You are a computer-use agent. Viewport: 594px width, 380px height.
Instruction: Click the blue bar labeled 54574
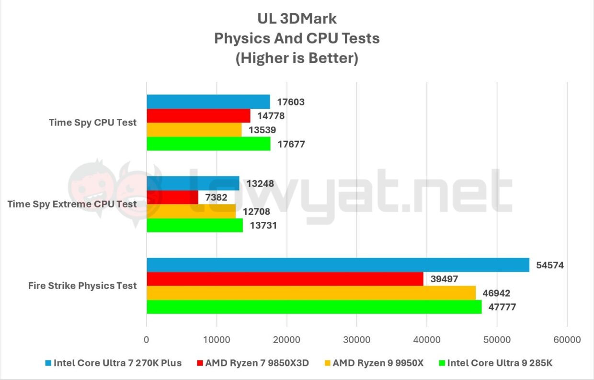[x=338, y=265]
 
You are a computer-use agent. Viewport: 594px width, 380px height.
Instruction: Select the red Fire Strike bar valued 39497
[x=285, y=279]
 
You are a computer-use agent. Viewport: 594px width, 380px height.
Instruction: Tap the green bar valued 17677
[x=208, y=144]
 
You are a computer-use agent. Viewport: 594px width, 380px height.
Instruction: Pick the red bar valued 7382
[x=172, y=197]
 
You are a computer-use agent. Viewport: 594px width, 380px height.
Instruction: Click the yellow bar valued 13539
[x=194, y=130]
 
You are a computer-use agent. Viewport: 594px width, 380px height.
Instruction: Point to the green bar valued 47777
[x=314, y=307]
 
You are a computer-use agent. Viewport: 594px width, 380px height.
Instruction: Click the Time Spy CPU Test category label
[x=92, y=123]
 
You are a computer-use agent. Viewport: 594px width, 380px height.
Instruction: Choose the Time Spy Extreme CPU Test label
[x=72, y=204]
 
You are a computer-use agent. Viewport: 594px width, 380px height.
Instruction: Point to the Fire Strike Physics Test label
[x=82, y=286]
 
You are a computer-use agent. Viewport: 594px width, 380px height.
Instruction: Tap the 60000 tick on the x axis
[x=567, y=340]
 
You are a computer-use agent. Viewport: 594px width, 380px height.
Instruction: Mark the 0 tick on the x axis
[x=147, y=340]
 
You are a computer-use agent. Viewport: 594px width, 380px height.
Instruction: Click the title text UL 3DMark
[x=297, y=19]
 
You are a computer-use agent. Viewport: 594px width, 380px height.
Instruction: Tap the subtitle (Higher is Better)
[x=297, y=58]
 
